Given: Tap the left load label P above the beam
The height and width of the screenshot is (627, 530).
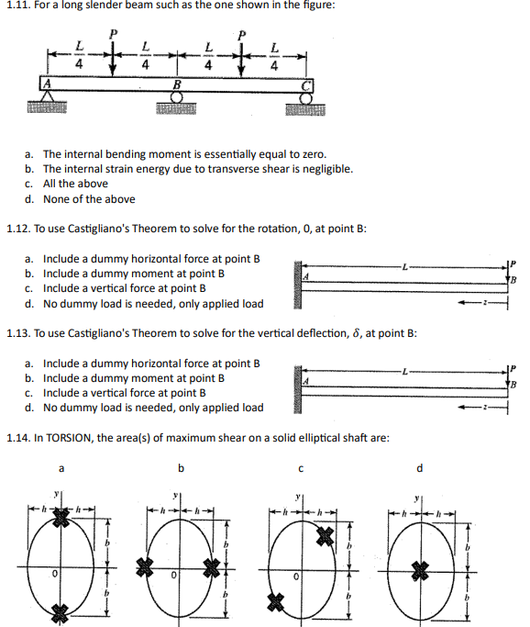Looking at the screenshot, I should point(113,33).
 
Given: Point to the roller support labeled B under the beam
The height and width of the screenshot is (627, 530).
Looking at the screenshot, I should point(178,97).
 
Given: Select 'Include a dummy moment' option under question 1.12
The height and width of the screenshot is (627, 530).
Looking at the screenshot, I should point(134,274).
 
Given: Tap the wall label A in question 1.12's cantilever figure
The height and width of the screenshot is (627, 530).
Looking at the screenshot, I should point(308,277).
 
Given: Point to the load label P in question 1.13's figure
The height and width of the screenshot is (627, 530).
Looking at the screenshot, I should point(515,369).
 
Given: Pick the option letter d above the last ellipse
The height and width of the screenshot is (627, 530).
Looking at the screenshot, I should point(419,469).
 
